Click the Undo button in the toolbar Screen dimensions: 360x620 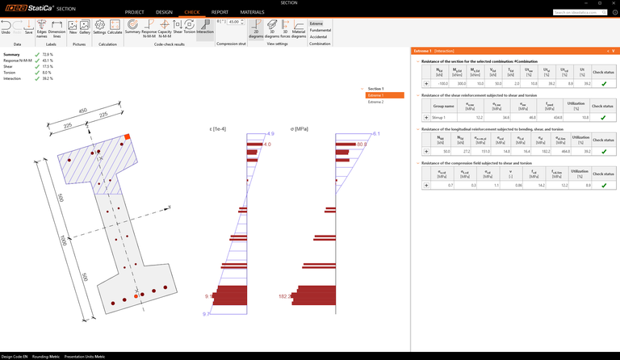coord(6,28)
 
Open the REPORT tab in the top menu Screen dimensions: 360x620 coord(220,13)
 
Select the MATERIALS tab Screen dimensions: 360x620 coord(252,13)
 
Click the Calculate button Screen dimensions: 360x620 coord(115,28)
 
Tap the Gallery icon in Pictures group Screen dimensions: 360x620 coord(84,28)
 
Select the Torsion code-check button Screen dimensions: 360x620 coord(189,28)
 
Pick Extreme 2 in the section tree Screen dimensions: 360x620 coord(376,103)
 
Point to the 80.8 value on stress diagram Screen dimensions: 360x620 coord(362,144)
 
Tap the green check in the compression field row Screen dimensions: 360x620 coord(603,185)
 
